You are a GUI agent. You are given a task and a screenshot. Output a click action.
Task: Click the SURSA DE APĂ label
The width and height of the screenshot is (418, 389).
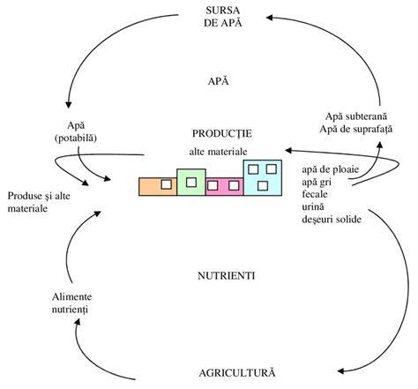coord(223,17)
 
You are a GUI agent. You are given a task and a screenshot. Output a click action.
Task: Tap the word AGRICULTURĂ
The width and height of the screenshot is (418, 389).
coord(237,372)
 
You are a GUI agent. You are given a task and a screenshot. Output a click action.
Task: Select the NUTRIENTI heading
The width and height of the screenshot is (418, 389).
coord(226,276)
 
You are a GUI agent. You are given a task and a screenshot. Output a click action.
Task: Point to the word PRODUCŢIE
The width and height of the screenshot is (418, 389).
coord(222,133)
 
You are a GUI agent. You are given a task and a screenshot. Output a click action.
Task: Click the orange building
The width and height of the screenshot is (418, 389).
coord(158,186)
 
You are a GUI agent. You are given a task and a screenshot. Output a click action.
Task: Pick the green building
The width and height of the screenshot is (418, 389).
coord(191,182)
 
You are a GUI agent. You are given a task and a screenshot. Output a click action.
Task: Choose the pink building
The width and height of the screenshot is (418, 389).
coord(225,186)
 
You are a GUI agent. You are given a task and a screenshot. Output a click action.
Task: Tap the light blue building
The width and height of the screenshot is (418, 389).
coord(263,177)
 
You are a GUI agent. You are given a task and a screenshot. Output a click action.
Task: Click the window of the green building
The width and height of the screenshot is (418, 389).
coord(191,183)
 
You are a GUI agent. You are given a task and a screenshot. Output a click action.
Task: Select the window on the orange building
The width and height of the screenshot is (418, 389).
coord(167,184)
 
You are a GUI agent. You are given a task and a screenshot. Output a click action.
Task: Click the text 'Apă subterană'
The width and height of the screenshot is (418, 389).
coord(356,116)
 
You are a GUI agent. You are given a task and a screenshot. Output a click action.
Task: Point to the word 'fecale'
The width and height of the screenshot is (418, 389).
coord(315,194)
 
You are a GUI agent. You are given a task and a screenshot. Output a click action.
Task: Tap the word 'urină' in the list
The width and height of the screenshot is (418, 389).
coord(313,206)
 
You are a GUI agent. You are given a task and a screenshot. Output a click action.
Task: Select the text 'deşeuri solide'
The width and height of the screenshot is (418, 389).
coord(332,220)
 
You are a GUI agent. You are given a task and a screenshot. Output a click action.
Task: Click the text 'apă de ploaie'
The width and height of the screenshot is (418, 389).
coord(331,169)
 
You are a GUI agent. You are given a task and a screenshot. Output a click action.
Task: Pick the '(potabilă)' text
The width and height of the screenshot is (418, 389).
coord(76,138)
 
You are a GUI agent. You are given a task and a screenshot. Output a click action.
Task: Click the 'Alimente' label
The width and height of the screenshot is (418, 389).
coord(72,296)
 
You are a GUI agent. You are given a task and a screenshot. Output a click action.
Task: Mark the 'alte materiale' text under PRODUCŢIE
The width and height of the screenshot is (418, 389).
coord(218,152)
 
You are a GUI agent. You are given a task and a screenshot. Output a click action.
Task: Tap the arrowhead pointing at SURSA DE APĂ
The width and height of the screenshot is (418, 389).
coord(270,18)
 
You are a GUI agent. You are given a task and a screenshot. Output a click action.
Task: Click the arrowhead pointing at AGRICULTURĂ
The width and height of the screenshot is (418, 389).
coord(341,371)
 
